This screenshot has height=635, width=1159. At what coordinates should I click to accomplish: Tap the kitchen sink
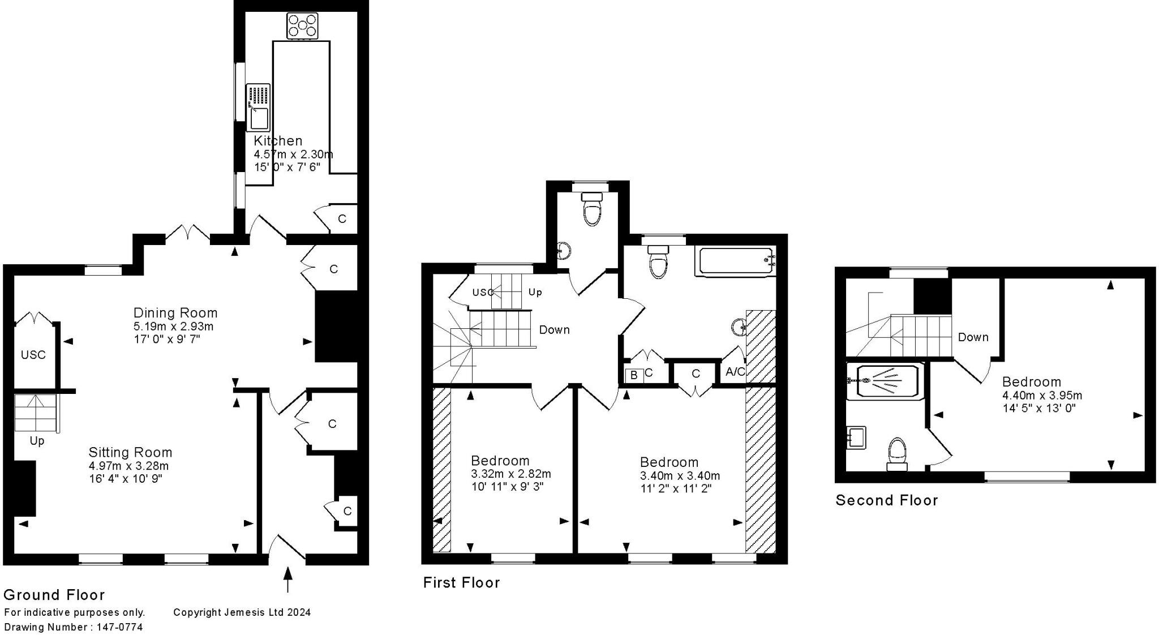pos(258,108)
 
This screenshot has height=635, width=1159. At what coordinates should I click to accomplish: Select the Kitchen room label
pos(278,140)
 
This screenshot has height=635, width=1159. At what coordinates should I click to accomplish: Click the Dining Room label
pos(175,312)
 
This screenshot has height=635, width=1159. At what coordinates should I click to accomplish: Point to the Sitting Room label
pos(130,452)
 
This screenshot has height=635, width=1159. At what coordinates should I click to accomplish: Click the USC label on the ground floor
pos(33,355)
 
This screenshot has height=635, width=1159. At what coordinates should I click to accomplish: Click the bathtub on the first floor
pos(737,261)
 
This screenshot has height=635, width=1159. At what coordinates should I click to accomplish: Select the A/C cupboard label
pos(736,372)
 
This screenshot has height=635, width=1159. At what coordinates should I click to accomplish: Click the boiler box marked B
pos(634,375)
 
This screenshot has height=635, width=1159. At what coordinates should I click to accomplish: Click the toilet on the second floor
pos(897,454)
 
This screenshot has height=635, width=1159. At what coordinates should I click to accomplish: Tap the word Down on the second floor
pos(973,337)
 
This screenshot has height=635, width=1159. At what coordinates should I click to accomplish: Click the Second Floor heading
pos(887,500)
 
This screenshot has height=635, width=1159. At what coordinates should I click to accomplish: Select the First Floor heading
pos(461,582)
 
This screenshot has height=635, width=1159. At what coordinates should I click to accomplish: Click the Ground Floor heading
pos(54,595)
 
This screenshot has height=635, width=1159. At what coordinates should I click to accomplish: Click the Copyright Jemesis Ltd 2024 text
pos(242,612)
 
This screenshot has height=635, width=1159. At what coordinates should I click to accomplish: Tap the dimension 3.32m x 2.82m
pos(511,474)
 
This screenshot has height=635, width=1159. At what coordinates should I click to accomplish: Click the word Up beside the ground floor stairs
pos(37,441)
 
